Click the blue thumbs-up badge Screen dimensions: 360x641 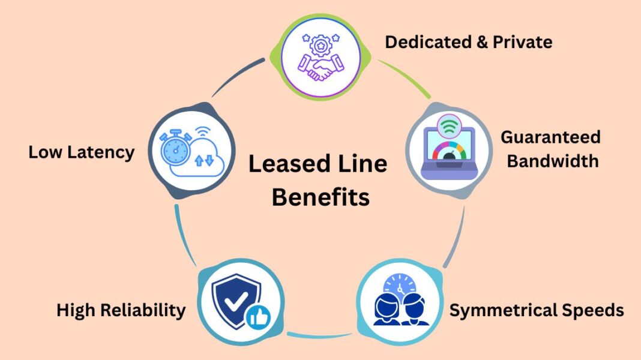[259, 317]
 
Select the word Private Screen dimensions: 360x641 [522, 43]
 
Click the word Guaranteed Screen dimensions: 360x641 [550, 137]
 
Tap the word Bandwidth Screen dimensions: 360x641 [550, 161]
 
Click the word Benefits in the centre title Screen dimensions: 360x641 [320, 197]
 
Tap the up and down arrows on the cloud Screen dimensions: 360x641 [204, 160]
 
